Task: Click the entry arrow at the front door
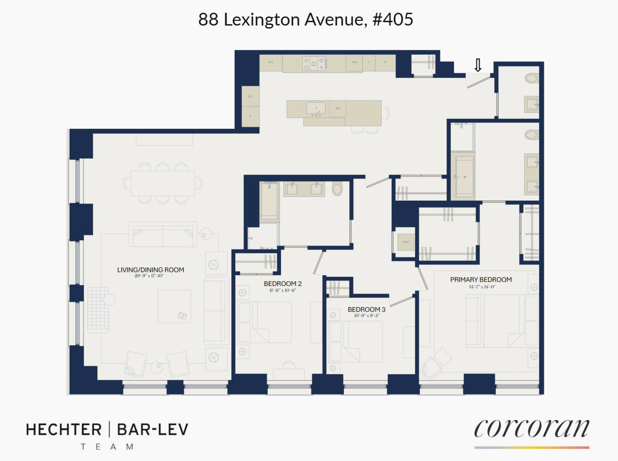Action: pos(478,65)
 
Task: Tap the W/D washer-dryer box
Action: pos(406,242)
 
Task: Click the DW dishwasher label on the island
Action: pos(338,108)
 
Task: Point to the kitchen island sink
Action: pos(316,109)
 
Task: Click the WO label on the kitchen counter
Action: pos(271,62)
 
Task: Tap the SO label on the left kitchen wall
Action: pos(250,96)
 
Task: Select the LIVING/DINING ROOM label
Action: pos(150,270)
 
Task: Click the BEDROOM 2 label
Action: pos(282,284)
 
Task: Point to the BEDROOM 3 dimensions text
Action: pos(367,316)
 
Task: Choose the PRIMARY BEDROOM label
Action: pos(481,279)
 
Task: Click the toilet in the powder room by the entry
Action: pos(532,78)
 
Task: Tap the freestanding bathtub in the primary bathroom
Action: pos(464,176)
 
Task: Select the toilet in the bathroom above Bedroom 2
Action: pos(337,189)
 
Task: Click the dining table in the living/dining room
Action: pos(162,183)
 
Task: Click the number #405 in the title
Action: pos(392,19)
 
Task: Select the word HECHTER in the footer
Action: pos(64,430)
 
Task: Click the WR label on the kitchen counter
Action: pos(354,62)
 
